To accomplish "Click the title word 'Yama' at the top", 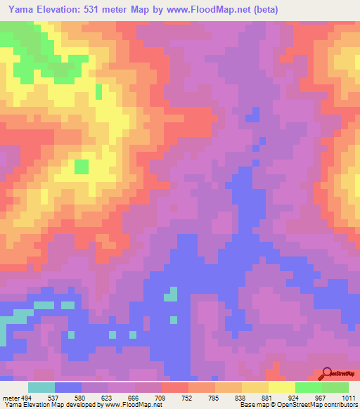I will pos(23,10).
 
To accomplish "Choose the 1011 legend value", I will pos(349,398).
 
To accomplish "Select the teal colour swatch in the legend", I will pos(41,387).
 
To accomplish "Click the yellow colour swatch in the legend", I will pos(282,387).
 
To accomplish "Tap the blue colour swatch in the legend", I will pos(68,387).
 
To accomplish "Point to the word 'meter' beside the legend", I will pos(10,398).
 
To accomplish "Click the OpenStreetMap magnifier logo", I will pos(327,373).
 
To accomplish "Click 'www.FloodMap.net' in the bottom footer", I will pos(134,405).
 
